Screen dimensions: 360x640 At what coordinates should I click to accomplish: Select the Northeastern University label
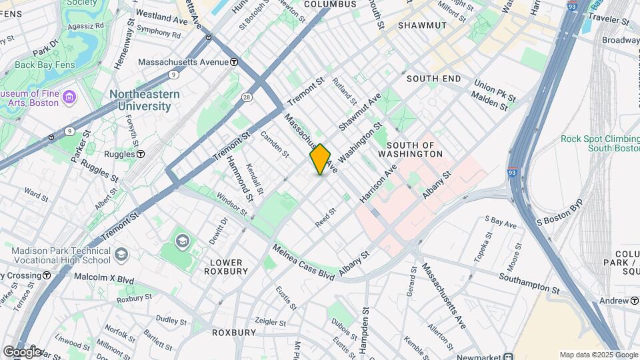click(145, 100)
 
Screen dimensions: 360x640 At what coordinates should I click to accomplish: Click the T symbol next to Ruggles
click(141, 154)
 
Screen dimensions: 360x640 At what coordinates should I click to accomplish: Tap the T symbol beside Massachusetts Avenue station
click(235, 62)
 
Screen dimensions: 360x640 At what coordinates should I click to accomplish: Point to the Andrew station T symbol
click(634, 301)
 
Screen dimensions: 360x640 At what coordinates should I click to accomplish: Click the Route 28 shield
click(247, 97)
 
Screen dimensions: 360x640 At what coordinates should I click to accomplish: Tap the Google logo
click(21, 351)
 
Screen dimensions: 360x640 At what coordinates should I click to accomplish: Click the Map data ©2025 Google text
click(598, 355)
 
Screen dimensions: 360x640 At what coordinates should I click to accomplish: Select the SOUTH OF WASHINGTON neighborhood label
click(414, 149)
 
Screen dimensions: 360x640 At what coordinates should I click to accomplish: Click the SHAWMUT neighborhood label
click(421, 25)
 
